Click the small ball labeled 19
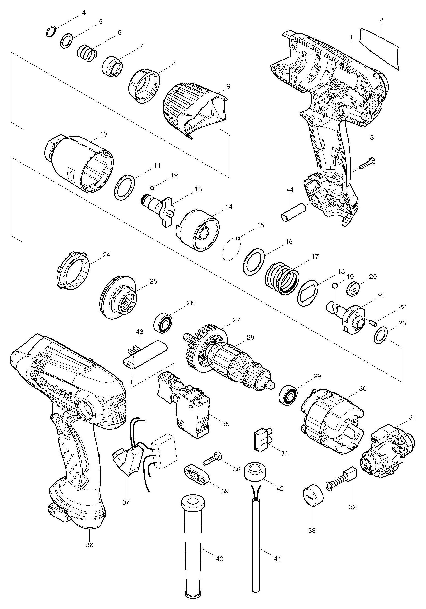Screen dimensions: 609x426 (335, 286)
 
